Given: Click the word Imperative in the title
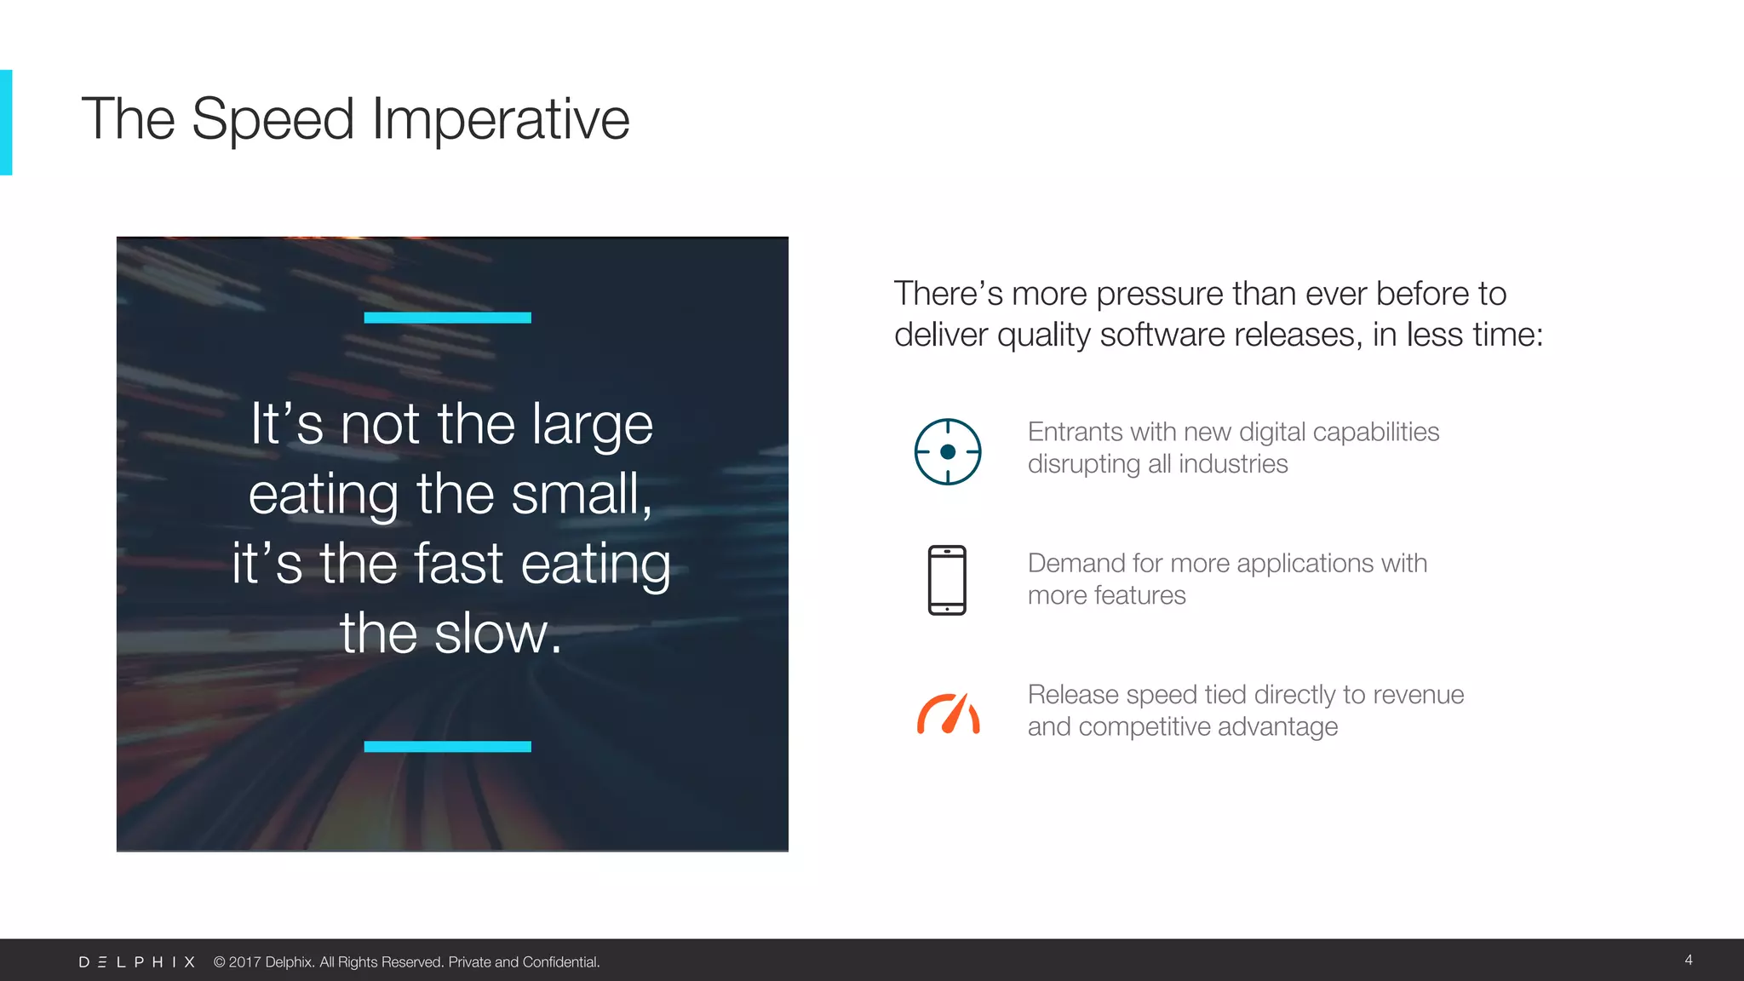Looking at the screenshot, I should point(501,119).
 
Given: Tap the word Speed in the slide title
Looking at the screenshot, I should point(272,119).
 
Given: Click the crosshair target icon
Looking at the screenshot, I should point(947,451).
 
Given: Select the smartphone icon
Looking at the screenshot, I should point(947,580).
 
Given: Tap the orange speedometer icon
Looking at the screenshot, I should point(948,714).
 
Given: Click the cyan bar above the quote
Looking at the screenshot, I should point(447,318).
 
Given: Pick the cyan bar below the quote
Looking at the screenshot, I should point(447,746).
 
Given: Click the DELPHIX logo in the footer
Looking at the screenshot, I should point(137,961).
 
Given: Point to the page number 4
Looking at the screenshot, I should point(1688,960).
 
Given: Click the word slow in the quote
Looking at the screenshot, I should point(498,634).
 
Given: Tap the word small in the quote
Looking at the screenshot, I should point(579,494).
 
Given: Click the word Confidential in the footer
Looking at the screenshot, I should point(560,961).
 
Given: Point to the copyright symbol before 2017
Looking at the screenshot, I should point(219,961).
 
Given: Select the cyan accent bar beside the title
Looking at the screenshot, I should point(6,122).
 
